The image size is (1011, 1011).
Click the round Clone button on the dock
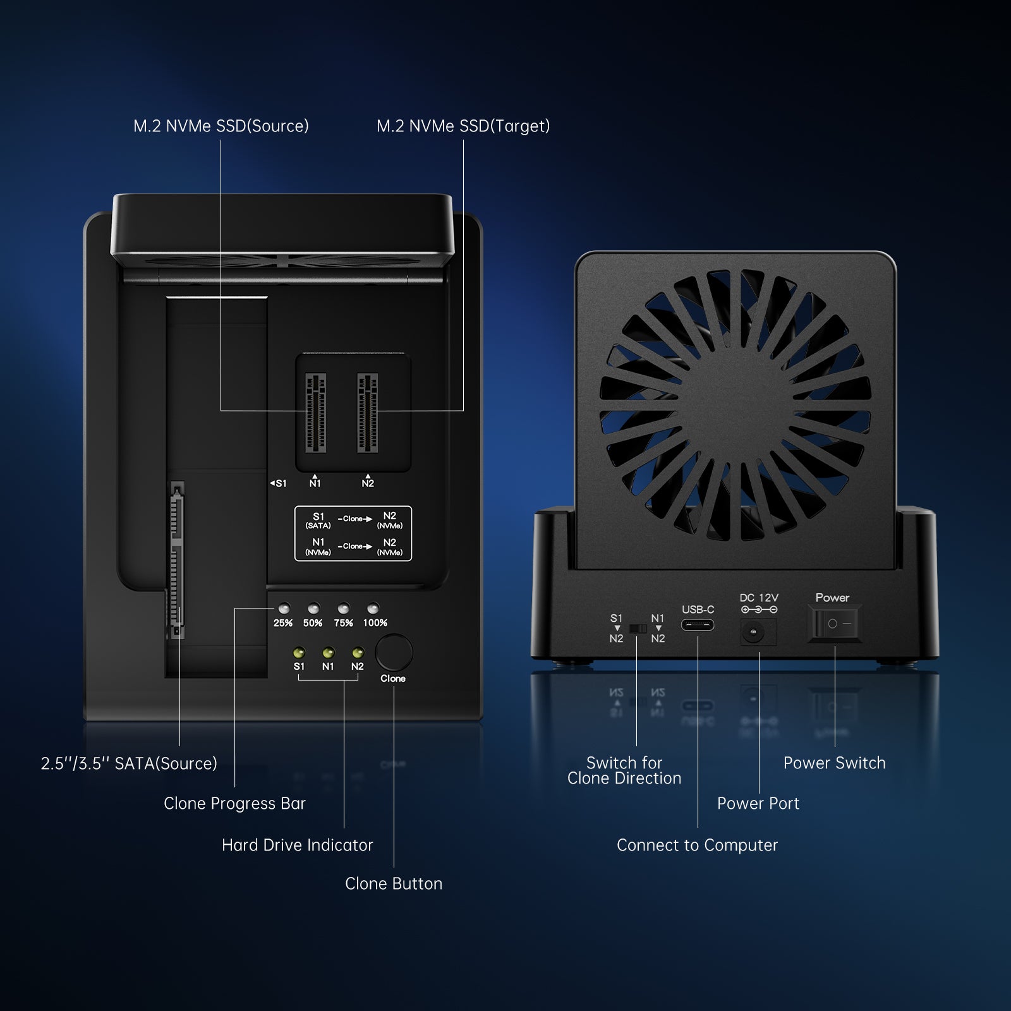(394, 653)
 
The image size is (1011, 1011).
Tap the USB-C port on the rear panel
(698, 625)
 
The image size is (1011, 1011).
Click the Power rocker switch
(834, 623)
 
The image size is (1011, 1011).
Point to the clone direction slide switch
(638, 629)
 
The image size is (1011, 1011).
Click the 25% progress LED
(284, 608)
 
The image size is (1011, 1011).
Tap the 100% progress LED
(373, 608)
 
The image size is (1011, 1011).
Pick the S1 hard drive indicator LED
(299, 652)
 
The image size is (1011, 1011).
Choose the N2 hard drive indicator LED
(358, 652)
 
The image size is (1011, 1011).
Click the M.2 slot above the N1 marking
(316, 413)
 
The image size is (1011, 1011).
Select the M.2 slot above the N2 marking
(368, 413)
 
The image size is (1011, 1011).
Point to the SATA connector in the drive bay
(177, 560)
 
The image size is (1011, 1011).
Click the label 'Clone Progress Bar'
(234, 804)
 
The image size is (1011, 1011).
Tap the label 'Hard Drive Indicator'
(298, 845)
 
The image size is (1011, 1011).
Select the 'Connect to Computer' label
(697, 845)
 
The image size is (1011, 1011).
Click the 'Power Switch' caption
(834, 763)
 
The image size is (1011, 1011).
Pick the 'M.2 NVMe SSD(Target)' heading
(463, 126)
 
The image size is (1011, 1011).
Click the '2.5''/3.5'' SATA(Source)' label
(129, 763)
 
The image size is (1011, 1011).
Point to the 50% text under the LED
(313, 623)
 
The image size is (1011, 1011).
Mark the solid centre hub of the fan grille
(736, 406)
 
